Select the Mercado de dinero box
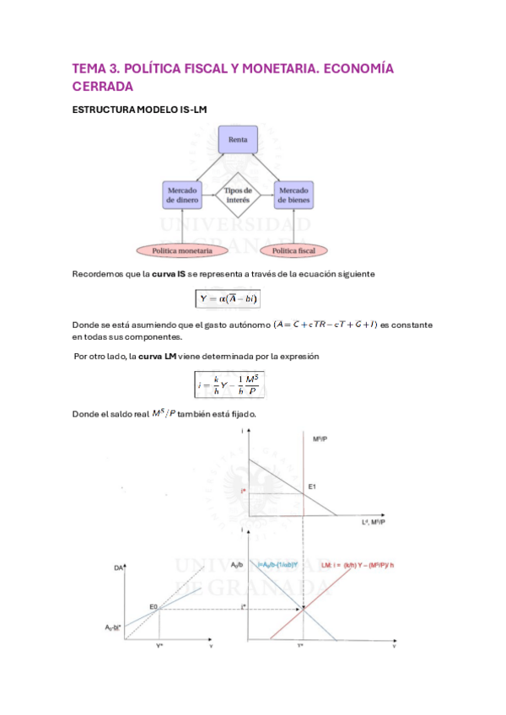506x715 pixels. pos(181,196)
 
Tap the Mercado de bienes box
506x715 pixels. pos(293,196)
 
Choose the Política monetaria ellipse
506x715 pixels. pos(181,250)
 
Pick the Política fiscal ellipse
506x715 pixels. pos(294,250)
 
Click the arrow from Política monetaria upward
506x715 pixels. pos(181,228)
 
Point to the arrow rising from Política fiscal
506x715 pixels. pos(293,228)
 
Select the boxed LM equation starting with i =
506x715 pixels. pos(228,384)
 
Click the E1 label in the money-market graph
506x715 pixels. pos(312,487)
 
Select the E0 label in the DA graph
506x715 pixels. pos(154,606)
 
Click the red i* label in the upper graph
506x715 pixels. pos(243,491)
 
